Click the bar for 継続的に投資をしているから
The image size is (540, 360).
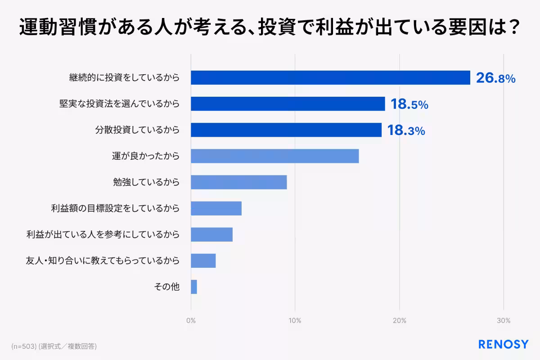click(330, 78)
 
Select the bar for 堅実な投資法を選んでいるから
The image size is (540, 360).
click(288, 104)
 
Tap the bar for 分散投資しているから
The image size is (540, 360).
click(286, 130)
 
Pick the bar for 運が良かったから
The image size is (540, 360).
click(274, 156)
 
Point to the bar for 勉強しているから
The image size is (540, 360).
click(238, 182)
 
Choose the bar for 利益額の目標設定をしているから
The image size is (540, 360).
click(216, 208)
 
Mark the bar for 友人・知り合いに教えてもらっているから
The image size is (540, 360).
click(203, 261)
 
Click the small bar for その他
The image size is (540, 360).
click(194, 287)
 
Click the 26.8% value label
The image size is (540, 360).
click(495, 78)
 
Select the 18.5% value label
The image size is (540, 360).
click(409, 104)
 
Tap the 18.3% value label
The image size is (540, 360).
click(406, 130)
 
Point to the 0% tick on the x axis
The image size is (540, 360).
click(191, 321)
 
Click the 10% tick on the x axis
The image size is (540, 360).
click(295, 321)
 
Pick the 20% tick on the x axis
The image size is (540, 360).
click(399, 321)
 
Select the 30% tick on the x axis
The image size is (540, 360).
click(504, 321)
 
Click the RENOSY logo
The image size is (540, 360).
click(503, 345)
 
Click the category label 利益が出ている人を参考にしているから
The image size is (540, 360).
click(103, 234)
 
